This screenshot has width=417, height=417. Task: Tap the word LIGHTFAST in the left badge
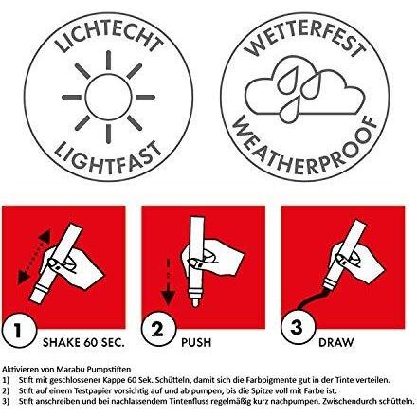pyautogui.click(x=108, y=159)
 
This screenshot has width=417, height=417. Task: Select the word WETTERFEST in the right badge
pyautogui.click(x=304, y=36)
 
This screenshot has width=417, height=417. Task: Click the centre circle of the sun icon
pyautogui.click(x=108, y=97)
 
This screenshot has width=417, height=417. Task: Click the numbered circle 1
pyautogui.click(x=18, y=331)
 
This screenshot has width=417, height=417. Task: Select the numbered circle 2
pyautogui.click(x=158, y=329)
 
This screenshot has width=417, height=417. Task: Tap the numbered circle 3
pyautogui.click(x=298, y=327)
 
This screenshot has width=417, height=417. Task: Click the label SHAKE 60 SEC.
pyautogui.click(x=83, y=342)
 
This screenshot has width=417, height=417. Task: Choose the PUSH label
pyautogui.click(x=196, y=342)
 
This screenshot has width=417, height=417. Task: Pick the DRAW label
pyautogui.click(x=336, y=342)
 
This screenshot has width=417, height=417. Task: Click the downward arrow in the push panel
pyautogui.click(x=169, y=281)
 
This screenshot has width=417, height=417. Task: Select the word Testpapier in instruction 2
pyautogui.click(x=92, y=390)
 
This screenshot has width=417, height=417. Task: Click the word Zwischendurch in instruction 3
pyautogui.click(x=352, y=402)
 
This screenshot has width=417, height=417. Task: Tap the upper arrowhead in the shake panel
pyautogui.click(x=45, y=236)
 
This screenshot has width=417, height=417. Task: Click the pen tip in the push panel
pyautogui.click(x=196, y=301)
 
